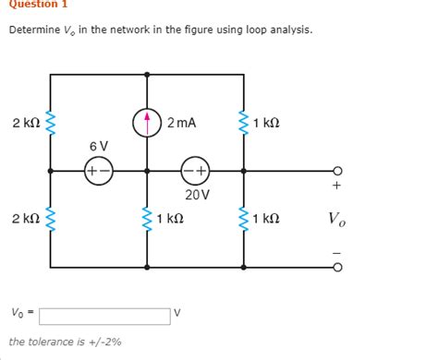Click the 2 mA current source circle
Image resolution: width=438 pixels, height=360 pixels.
[x=148, y=123]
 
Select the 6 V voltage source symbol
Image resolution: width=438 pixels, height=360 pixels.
[x=98, y=171]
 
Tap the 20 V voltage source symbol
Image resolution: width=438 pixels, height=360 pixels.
[x=196, y=171]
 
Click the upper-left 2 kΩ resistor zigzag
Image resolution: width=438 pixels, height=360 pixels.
[x=49, y=123]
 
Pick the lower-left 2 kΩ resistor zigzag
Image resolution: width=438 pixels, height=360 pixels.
[x=49, y=219]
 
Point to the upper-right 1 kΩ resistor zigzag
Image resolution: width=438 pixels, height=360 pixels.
[x=244, y=123]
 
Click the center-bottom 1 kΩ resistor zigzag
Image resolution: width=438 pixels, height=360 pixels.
[x=148, y=219]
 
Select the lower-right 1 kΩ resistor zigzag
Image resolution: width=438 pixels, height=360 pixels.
[x=244, y=219]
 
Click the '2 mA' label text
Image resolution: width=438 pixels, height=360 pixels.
[x=182, y=122]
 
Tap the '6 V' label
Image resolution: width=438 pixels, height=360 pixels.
[x=98, y=146]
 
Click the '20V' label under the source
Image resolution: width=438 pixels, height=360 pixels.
[x=197, y=195]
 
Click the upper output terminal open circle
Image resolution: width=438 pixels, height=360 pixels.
[x=337, y=171]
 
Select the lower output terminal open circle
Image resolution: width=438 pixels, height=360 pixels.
[x=337, y=268]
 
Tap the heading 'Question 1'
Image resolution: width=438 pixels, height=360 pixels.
[x=32, y=5]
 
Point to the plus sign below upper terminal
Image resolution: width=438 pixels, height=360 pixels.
[x=336, y=186]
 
